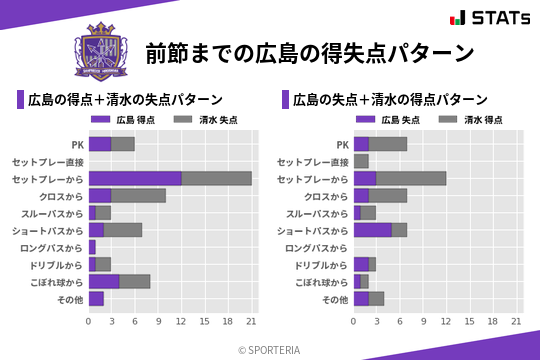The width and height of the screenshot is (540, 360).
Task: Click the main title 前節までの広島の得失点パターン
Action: [309, 52]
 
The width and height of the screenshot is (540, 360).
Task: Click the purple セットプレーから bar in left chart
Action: [135, 178]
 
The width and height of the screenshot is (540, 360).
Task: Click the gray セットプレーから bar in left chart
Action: [216, 178]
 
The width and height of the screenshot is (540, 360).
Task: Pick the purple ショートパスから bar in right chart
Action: [373, 230]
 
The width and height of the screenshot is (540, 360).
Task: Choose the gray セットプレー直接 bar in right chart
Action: [361, 161]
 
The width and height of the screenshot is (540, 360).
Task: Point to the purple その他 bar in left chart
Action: [96, 299]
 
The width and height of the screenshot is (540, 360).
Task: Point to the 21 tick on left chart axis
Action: [251, 322]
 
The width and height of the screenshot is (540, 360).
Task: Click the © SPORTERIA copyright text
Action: [270, 349]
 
